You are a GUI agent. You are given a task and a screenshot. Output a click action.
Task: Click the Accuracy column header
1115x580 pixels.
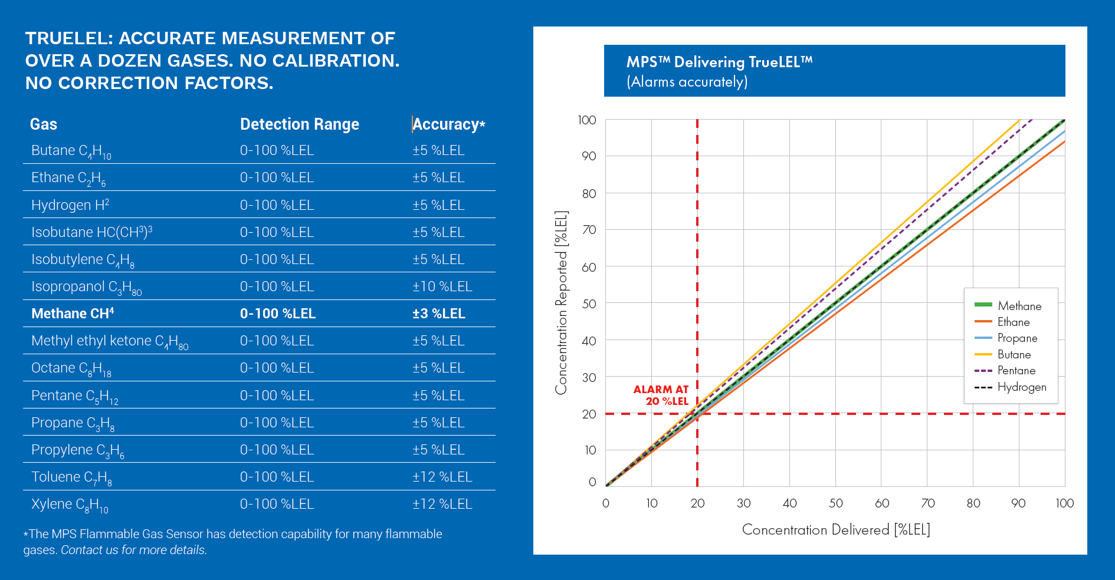click(x=448, y=124)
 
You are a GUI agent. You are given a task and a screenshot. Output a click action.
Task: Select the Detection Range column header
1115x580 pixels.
click(x=299, y=124)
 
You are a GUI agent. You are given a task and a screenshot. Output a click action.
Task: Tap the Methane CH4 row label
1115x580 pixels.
click(x=73, y=314)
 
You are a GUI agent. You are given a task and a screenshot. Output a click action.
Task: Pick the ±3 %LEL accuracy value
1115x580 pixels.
click(x=438, y=314)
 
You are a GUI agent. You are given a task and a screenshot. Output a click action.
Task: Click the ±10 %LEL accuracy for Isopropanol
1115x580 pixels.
click(x=442, y=286)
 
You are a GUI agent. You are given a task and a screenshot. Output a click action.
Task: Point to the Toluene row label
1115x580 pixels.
click(x=71, y=477)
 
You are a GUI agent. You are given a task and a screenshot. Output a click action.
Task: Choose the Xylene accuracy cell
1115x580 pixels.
click(x=442, y=504)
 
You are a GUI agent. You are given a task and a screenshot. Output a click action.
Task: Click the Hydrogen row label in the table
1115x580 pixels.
click(x=70, y=205)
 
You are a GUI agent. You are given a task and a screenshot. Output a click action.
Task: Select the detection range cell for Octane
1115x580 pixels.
click(x=277, y=368)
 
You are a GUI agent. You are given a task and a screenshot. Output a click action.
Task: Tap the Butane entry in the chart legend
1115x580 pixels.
click(x=1014, y=354)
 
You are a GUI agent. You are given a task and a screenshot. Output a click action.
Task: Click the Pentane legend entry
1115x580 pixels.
click(x=1016, y=370)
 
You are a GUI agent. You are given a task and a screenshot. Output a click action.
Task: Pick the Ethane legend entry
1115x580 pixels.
click(x=1013, y=322)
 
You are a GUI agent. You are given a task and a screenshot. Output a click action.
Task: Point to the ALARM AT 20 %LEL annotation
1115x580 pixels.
click(x=661, y=395)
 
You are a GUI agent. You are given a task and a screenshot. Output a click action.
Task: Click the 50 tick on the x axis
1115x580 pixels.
click(x=835, y=503)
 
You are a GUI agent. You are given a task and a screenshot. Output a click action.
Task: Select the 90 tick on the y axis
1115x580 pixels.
click(x=588, y=156)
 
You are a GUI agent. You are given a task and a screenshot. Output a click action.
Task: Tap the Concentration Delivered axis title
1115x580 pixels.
click(x=835, y=529)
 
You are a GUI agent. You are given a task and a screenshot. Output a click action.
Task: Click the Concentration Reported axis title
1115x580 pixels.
click(x=561, y=302)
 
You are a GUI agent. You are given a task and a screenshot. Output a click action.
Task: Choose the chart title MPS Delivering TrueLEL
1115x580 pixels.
click(x=719, y=62)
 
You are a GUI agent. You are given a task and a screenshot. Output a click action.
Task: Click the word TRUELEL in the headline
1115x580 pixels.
click(x=68, y=38)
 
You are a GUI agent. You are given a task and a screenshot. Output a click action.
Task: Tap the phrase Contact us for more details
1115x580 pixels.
click(x=134, y=550)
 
